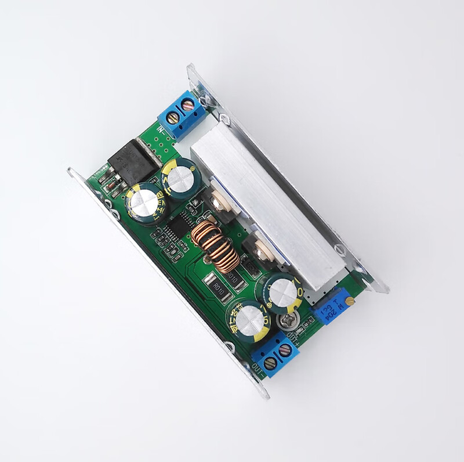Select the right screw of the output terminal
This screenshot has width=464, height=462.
click(x=285, y=351)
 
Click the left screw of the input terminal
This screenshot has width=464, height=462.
click(x=173, y=118)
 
